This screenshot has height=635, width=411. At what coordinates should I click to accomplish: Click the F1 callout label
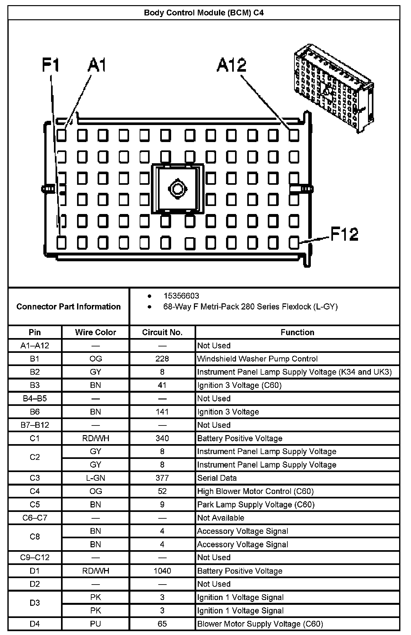tap(51, 65)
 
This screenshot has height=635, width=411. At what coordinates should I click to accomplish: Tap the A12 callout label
tap(232, 65)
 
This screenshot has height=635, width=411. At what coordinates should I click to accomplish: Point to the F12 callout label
tap(344, 234)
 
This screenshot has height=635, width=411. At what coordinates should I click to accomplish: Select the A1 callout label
tap(97, 65)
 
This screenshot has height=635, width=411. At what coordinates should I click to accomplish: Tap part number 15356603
tap(181, 296)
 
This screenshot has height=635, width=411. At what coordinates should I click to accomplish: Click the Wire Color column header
tap(95, 332)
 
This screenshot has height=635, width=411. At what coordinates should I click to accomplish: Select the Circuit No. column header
tap(162, 332)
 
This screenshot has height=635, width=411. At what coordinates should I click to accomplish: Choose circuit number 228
tap(162, 359)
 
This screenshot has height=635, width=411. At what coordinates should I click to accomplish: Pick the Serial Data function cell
tap(217, 478)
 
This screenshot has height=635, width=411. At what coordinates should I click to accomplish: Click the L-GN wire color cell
tap(95, 478)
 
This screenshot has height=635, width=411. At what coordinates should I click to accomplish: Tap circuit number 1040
tap(162, 571)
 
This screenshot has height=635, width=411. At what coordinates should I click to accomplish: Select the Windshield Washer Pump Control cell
tap(257, 359)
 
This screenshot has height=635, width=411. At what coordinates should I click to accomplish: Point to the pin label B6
tap(35, 412)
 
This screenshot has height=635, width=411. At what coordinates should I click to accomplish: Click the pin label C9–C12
tap(35, 557)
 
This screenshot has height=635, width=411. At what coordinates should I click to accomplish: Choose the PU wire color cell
tap(95, 624)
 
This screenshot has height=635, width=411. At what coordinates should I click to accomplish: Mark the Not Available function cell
tap(221, 518)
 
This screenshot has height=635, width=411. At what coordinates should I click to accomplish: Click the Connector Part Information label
tap(68, 307)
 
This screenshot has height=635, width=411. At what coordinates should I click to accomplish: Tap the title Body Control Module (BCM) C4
tap(204, 13)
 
